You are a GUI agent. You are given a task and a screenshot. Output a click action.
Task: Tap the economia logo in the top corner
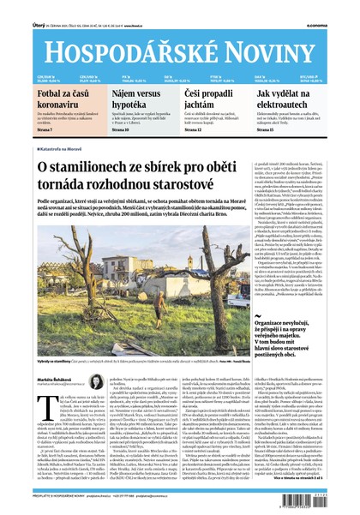[x=339, y=7]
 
